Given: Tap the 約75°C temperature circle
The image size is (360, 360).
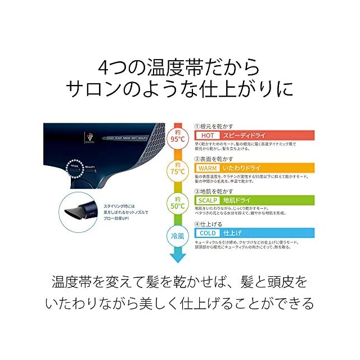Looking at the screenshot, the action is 178,169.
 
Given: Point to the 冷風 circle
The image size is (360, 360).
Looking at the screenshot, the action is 178,235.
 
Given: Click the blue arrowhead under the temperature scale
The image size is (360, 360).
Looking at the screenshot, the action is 178,257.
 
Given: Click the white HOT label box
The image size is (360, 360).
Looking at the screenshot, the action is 205,136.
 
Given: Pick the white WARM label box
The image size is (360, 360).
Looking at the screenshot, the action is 206,168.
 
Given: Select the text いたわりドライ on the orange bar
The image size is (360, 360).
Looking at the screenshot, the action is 243,168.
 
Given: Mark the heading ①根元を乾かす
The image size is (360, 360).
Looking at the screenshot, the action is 214,127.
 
